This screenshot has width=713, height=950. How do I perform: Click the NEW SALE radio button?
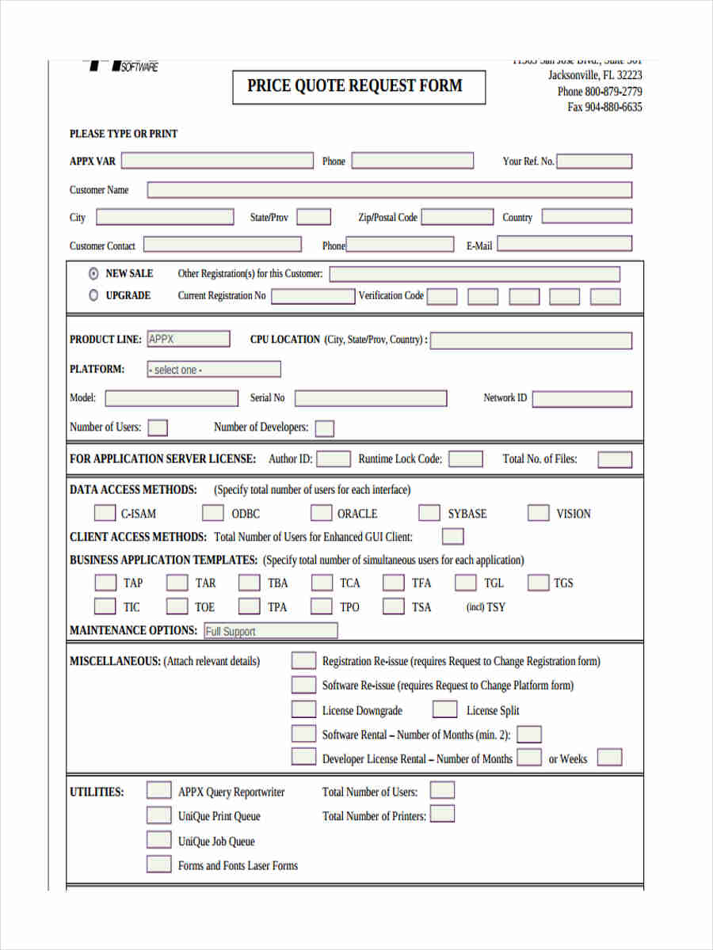[x=93, y=273]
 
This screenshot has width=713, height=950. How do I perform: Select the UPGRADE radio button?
[x=93, y=295]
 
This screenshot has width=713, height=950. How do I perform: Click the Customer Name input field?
[x=389, y=190]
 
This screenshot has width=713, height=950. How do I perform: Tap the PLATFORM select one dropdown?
[x=214, y=370]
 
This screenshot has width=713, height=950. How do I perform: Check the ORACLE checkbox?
[x=321, y=513]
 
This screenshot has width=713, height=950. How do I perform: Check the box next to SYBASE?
[x=429, y=513]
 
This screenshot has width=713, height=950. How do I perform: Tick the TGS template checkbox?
[x=539, y=583]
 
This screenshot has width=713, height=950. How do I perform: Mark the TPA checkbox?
[x=250, y=606]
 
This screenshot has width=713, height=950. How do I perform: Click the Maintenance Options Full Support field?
[x=270, y=631]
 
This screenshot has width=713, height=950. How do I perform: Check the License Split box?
[x=445, y=709]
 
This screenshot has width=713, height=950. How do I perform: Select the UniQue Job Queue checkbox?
[x=158, y=840]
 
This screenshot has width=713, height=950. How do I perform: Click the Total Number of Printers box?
[x=442, y=815]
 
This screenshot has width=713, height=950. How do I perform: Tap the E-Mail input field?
[x=564, y=245]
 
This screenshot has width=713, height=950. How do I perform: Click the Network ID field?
[x=582, y=398]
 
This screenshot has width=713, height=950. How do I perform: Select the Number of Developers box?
[x=324, y=428]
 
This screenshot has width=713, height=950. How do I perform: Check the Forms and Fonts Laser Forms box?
[x=158, y=864]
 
